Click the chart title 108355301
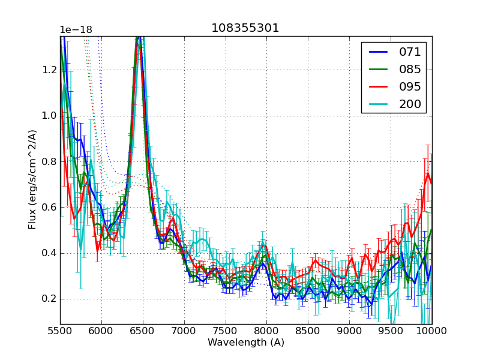click(245, 28)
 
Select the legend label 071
click(409, 52)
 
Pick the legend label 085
click(409, 69)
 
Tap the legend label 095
click(409, 86)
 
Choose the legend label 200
click(409, 104)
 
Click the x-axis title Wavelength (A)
click(246, 343)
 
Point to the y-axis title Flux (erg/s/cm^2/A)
click(32, 179)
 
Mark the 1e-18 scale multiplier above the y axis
click(76, 30)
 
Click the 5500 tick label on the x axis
click(60, 331)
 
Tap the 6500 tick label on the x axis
click(143, 331)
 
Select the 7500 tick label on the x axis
click(226, 331)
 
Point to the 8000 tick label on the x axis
click(267, 331)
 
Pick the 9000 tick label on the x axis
click(349, 331)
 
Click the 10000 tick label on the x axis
click(431, 331)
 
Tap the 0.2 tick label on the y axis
click(49, 299)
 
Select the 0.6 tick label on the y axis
click(49, 207)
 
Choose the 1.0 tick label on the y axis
click(49, 115)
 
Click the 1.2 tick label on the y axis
click(49, 70)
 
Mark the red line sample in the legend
click(378, 86)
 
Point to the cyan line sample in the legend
click(378, 104)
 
